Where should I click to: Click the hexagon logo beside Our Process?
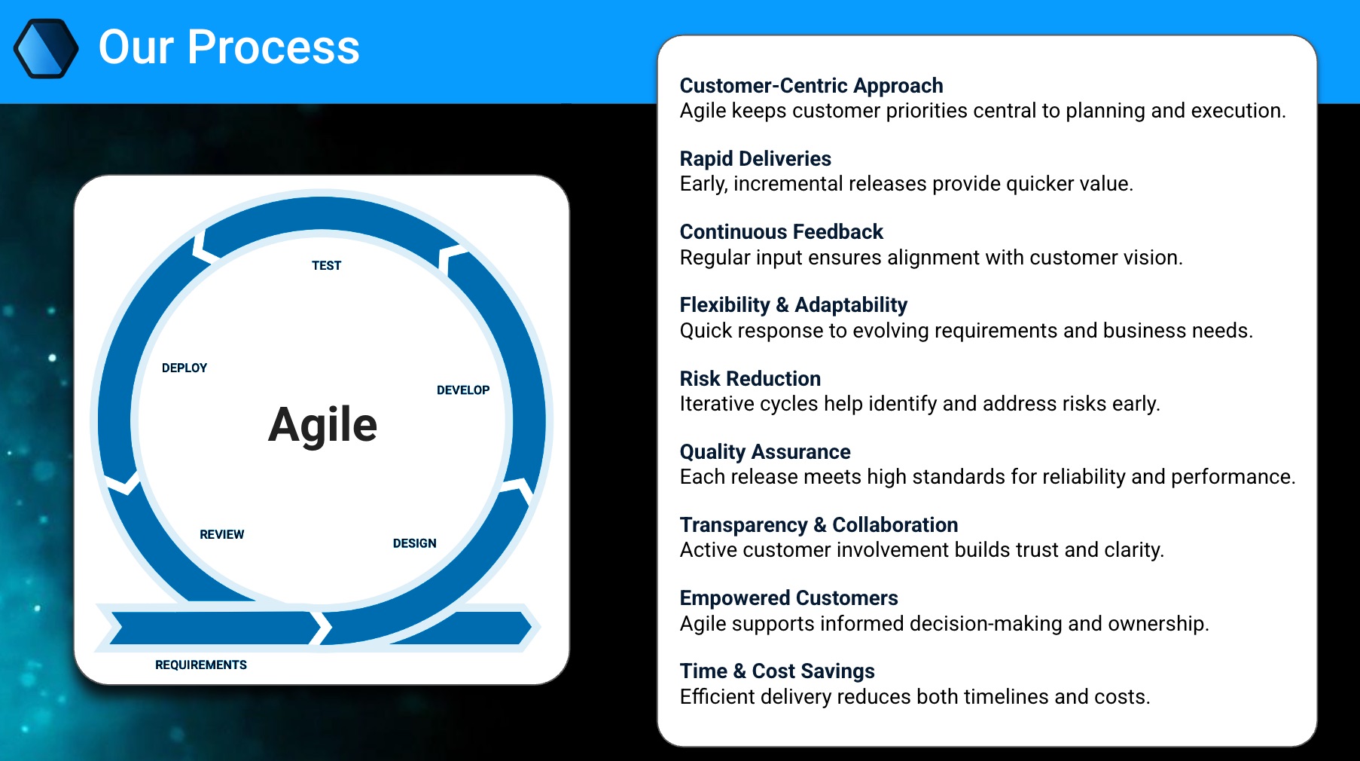tap(46, 48)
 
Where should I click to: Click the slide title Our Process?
tap(229, 47)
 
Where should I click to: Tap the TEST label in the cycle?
tap(326, 265)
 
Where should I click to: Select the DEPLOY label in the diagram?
tap(184, 368)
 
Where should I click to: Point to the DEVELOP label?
tap(463, 390)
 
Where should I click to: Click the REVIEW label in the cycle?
tap(222, 534)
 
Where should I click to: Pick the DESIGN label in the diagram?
tap(415, 543)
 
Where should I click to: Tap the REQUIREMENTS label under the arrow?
tap(201, 665)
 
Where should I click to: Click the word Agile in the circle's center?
tap(322, 425)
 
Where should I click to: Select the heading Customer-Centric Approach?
tap(811, 86)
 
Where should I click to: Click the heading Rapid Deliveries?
tap(755, 159)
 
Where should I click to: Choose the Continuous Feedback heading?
tap(781, 232)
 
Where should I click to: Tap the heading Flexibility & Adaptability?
tap(793, 305)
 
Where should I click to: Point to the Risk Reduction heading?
tap(750, 378)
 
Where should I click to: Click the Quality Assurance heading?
tap(765, 451)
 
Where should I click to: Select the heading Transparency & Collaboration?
tap(819, 525)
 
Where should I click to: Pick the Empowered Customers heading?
tap(788, 598)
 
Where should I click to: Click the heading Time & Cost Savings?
tap(777, 671)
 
